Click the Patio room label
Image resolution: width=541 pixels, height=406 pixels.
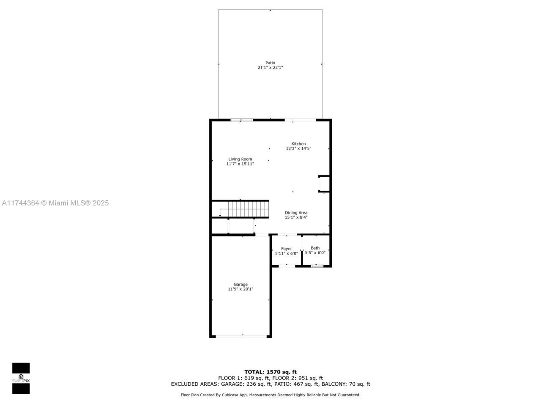coord(270,63)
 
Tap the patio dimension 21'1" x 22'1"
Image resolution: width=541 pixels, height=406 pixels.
coord(270,68)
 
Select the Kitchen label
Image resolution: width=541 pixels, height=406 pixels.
coord(298,144)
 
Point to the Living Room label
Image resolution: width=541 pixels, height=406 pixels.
coord(240,159)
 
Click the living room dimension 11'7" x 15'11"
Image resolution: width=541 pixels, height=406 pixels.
coord(240,164)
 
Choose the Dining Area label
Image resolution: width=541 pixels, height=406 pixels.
coord(296,213)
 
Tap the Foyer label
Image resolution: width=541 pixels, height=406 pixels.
coord(287,249)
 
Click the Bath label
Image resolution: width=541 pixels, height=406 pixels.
coord(315,248)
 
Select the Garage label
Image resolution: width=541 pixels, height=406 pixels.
coord(240,285)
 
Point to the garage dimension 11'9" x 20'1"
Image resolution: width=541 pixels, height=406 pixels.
coord(240,289)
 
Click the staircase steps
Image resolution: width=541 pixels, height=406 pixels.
coord(249,209)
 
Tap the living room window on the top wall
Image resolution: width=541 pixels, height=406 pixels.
coord(242,120)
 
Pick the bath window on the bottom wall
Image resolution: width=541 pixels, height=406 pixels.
coord(317,266)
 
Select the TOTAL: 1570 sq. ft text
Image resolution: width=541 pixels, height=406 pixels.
coord(270,372)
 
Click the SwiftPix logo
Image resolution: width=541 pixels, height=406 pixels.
coord(21,378)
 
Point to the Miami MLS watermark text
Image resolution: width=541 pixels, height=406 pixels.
coord(55,203)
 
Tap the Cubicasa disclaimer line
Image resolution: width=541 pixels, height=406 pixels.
coord(270,395)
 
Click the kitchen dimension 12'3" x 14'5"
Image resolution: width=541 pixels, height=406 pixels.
coord(298,148)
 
